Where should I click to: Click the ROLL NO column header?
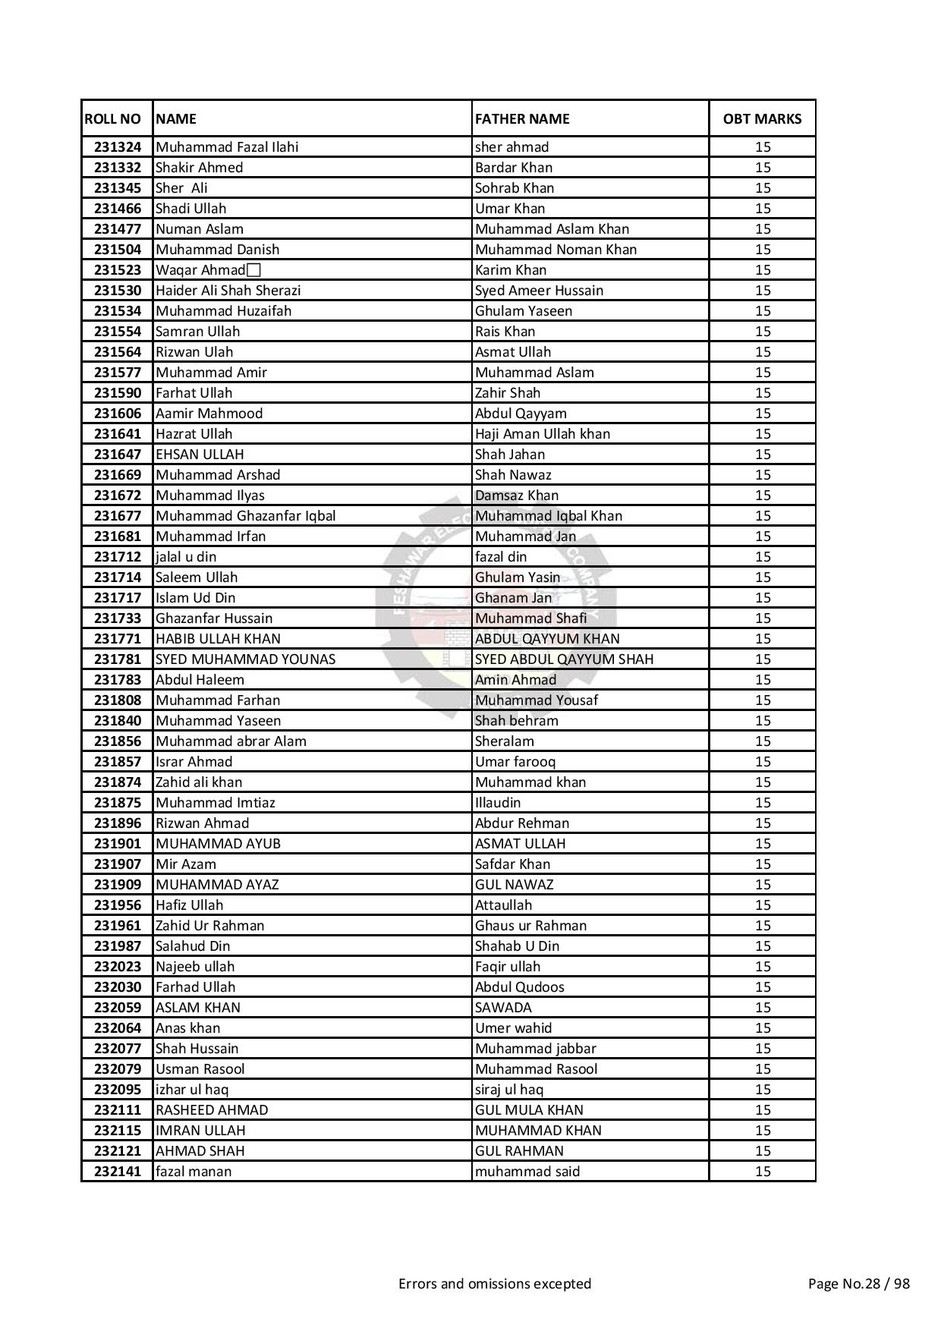click(113, 118)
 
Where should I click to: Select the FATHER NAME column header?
click(522, 118)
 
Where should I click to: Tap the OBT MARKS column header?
click(762, 118)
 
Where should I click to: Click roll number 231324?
click(118, 147)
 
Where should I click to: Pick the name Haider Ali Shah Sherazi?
click(228, 291)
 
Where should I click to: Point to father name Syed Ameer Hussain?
click(539, 291)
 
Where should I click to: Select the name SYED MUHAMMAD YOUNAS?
click(245, 659)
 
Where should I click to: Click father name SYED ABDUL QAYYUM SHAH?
click(564, 659)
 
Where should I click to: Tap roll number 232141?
click(118, 1172)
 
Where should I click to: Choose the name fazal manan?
click(194, 1172)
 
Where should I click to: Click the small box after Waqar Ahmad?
click(253, 270)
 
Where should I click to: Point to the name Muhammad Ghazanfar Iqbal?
click(245, 516)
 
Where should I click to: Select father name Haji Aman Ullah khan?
click(542, 434)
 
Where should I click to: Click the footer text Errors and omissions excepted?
click(495, 1284)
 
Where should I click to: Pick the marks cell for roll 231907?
click(763, 864)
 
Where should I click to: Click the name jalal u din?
click(186, 557)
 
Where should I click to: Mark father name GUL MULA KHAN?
click(529, 1110)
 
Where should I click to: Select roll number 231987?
click(118, 946)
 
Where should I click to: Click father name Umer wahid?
click(513, 1028)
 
